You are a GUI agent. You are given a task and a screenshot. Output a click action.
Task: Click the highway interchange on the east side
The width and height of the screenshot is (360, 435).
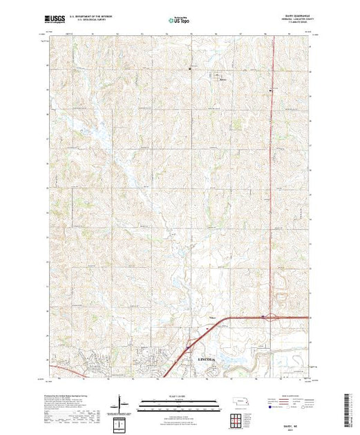click(x=263, y=318)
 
